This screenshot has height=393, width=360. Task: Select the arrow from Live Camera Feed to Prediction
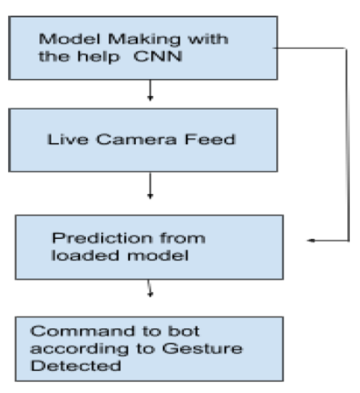click(150, 188)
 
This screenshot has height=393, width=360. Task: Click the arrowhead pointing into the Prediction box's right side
click(311, 241)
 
